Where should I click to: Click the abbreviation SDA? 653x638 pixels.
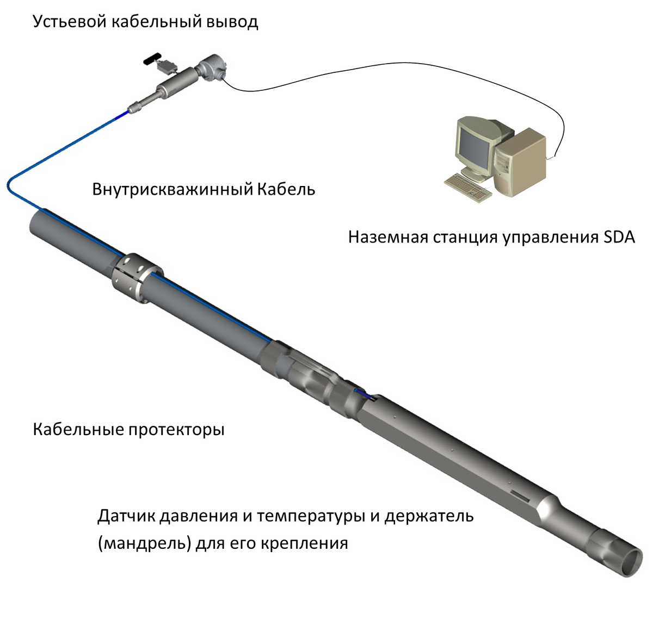point(619,238)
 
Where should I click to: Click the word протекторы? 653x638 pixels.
point(177,430)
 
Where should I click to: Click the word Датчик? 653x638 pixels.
point(126,516)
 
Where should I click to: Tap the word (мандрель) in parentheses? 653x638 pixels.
point(145,543)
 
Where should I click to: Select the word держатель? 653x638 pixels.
point(429,516)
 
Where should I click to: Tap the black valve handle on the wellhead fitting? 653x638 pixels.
point(150,59)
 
